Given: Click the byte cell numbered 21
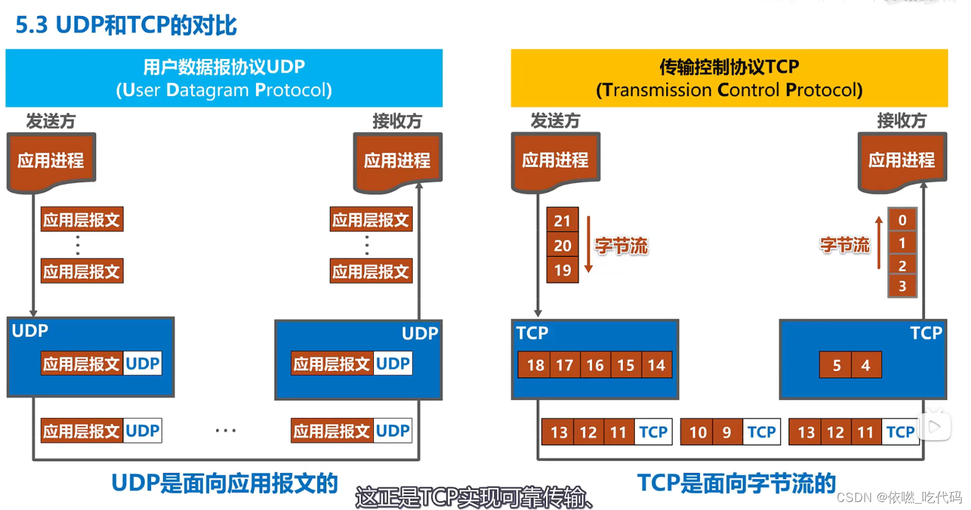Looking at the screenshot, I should click(x=562, y=220).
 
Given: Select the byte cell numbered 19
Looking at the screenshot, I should click(x=562, y=270).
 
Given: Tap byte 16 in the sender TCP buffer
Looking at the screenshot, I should click(x=595, y=365).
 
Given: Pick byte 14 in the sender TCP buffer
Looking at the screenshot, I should click(x=656, y=365).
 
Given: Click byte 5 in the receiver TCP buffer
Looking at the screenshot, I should click(x=836, y=365).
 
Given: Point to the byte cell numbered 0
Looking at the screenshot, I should click(x=902, y=220).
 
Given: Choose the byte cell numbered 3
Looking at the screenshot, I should click(x=902, y=286).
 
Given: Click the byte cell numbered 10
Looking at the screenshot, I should click(x=697, y=432).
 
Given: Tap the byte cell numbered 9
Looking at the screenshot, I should click(x=727, y=432).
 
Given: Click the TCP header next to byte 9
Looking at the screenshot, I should click(x=761, y=432).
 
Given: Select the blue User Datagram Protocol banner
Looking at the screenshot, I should click(x=224, y=78).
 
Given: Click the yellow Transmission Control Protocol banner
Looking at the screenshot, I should click(x=729, y=78).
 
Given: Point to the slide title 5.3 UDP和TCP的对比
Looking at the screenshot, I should click(x=126, y=25).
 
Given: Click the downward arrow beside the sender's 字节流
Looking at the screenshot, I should click(x=589, y=245).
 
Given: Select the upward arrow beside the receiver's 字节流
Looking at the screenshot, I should click(x=879, y=242).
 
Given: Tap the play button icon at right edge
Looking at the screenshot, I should click(x=935, y=426).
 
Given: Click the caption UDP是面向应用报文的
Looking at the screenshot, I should click(x=225, y=483).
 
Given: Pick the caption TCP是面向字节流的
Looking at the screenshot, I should click(x=736, y=483).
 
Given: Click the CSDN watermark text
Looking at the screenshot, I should click(x=899, y=498).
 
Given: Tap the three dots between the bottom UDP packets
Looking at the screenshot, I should click(x=226, y=430).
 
